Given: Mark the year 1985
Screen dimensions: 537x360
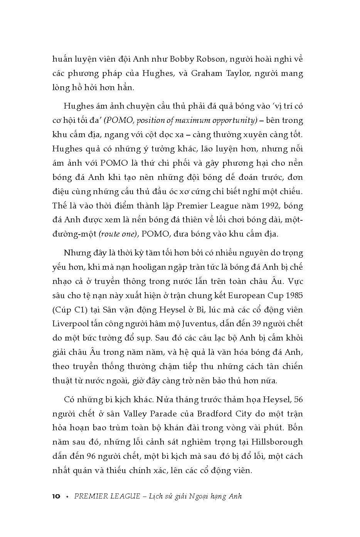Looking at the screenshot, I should point(292,295).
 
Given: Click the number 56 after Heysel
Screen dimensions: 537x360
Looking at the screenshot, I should point(298,399).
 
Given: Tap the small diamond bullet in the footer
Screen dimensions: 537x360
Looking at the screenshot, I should point(67,497).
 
